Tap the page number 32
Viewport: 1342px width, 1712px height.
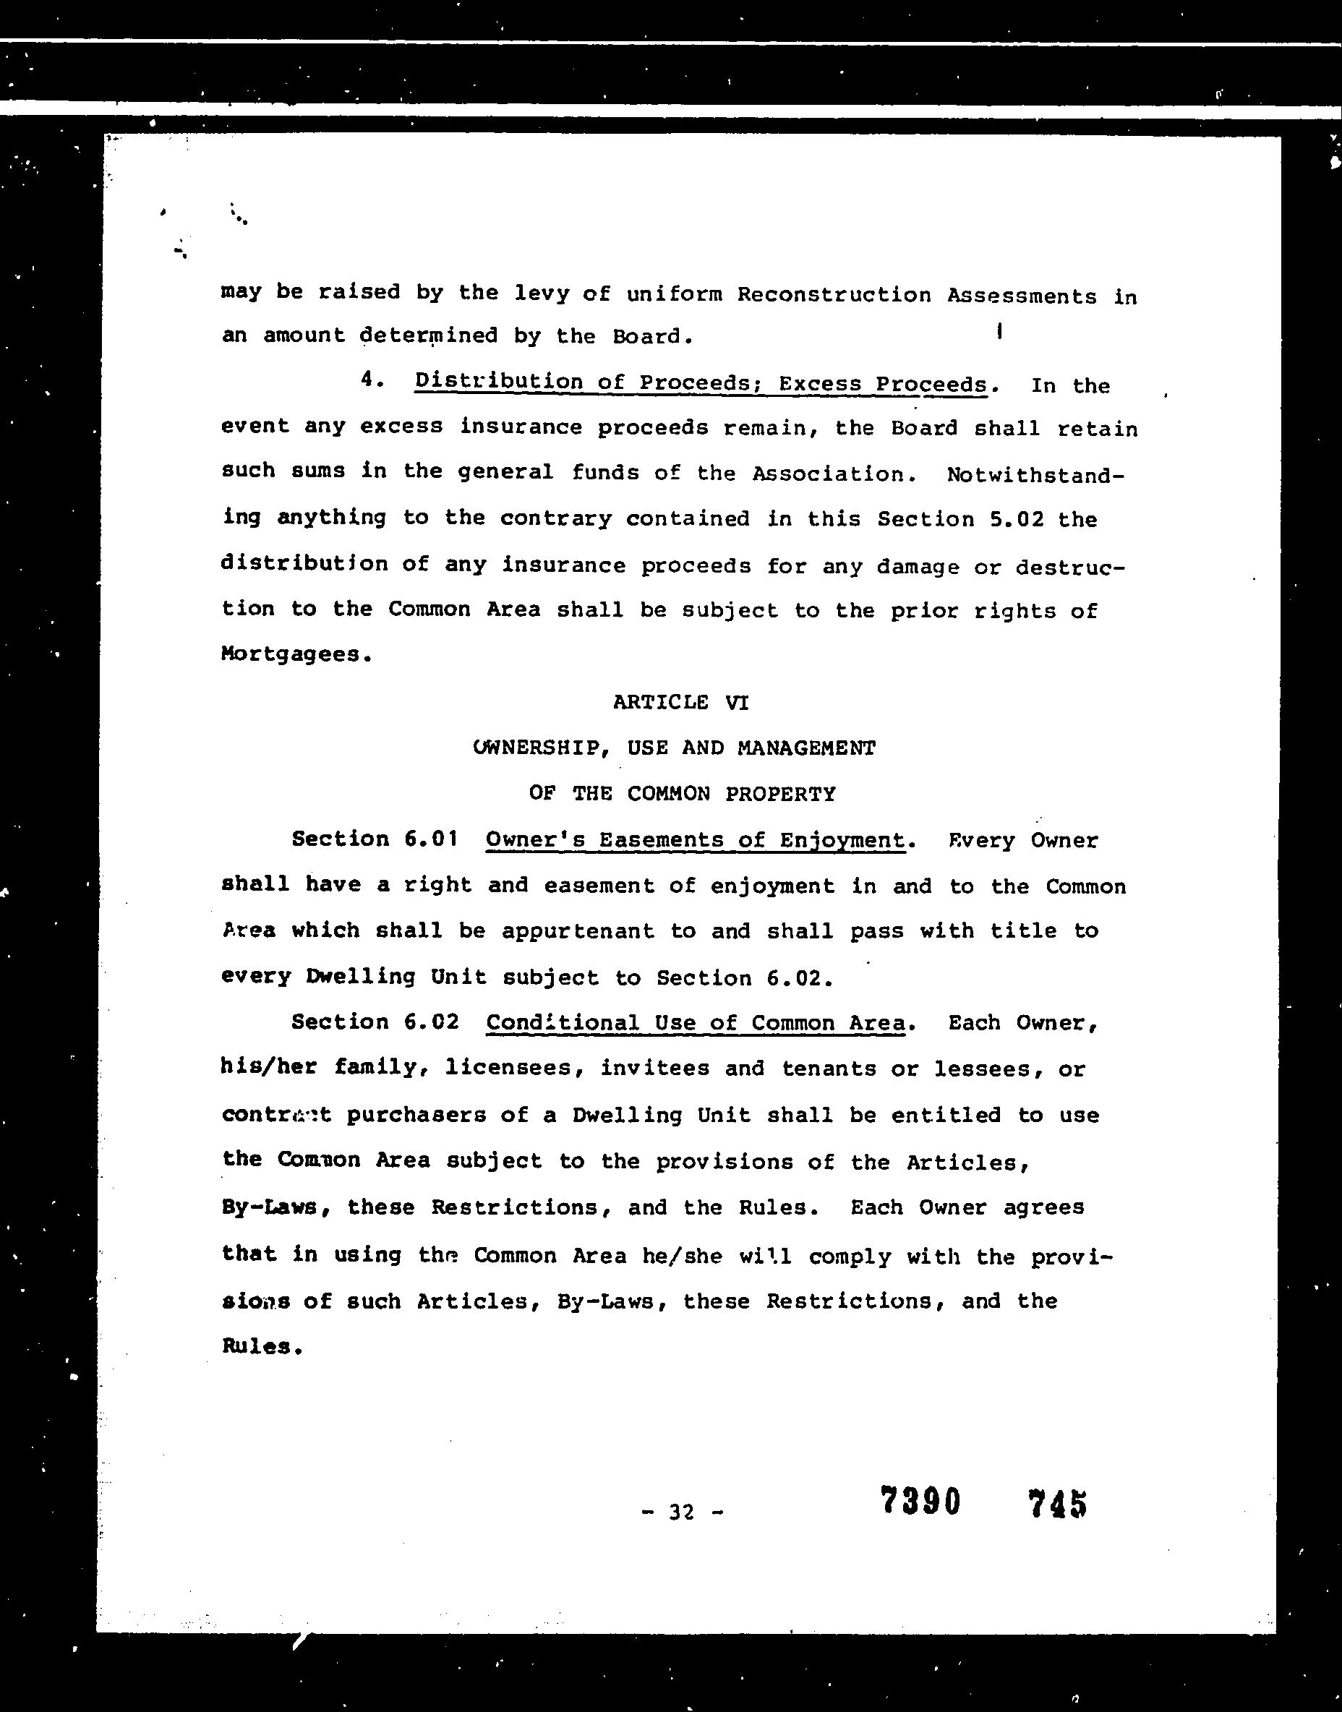click(x=681, y=1511)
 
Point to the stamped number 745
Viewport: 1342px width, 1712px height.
click(x=1057, y=1504)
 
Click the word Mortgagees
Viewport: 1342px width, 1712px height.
click(x=296, y=654)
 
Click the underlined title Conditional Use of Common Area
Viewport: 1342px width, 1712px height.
click(x=696, y=1023)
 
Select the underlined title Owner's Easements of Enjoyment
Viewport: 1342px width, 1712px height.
click(x=696, y=840)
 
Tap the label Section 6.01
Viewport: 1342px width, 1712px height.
click(x=375, y=839)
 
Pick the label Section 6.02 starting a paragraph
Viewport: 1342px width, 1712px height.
click(x=375, y=1022)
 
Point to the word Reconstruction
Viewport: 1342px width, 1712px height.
click(x=834, y=295)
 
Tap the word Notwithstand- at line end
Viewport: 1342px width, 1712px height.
click(x=1035, y=474)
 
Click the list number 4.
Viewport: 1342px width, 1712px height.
click(x=371, y=380)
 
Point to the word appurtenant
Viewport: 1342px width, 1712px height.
click(x=578, y=931)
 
